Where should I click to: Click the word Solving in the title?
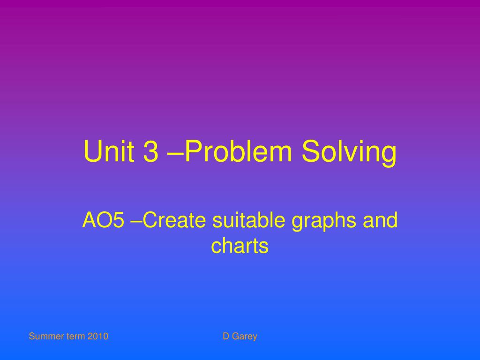point(349,153)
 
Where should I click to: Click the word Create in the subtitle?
point(174,220)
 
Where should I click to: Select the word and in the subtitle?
point(380,220)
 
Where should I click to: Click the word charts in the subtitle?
point(240,246)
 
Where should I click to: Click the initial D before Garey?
point(225,336)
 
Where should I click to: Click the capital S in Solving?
point(312,152)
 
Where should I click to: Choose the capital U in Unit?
point(91,152)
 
